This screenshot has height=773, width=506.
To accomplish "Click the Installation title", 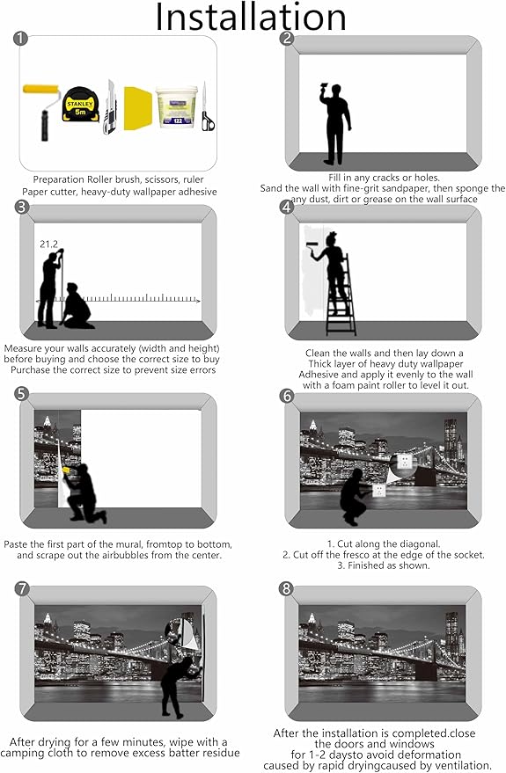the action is click(x=251, y=17).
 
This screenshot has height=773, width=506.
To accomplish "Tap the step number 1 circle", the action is click(x=20, y=39).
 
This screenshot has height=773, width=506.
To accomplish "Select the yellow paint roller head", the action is click(x=41, y=91).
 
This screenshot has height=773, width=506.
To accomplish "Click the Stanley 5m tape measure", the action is click(x=80, y=105).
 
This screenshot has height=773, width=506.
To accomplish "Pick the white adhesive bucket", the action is click(x=176, y=107).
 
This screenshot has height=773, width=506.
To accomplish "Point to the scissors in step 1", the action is click(x=208, y=107).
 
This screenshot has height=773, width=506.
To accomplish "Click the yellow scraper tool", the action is click(x=137, y=108).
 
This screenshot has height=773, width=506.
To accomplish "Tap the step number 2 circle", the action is click(x=287, y=39).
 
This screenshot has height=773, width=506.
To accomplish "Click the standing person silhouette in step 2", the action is click(x=336, y=124).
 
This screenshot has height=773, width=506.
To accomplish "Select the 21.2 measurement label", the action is click(x=48, y=244).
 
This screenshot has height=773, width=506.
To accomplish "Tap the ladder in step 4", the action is click(x=341, y=295).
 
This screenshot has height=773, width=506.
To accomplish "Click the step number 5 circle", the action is click(x=22, y=394).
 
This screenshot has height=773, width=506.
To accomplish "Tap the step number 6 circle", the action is click(x=287, y=396).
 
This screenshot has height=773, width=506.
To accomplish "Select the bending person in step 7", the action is click(x=180, y=686).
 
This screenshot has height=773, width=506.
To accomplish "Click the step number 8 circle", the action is click(x=286, y=588).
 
